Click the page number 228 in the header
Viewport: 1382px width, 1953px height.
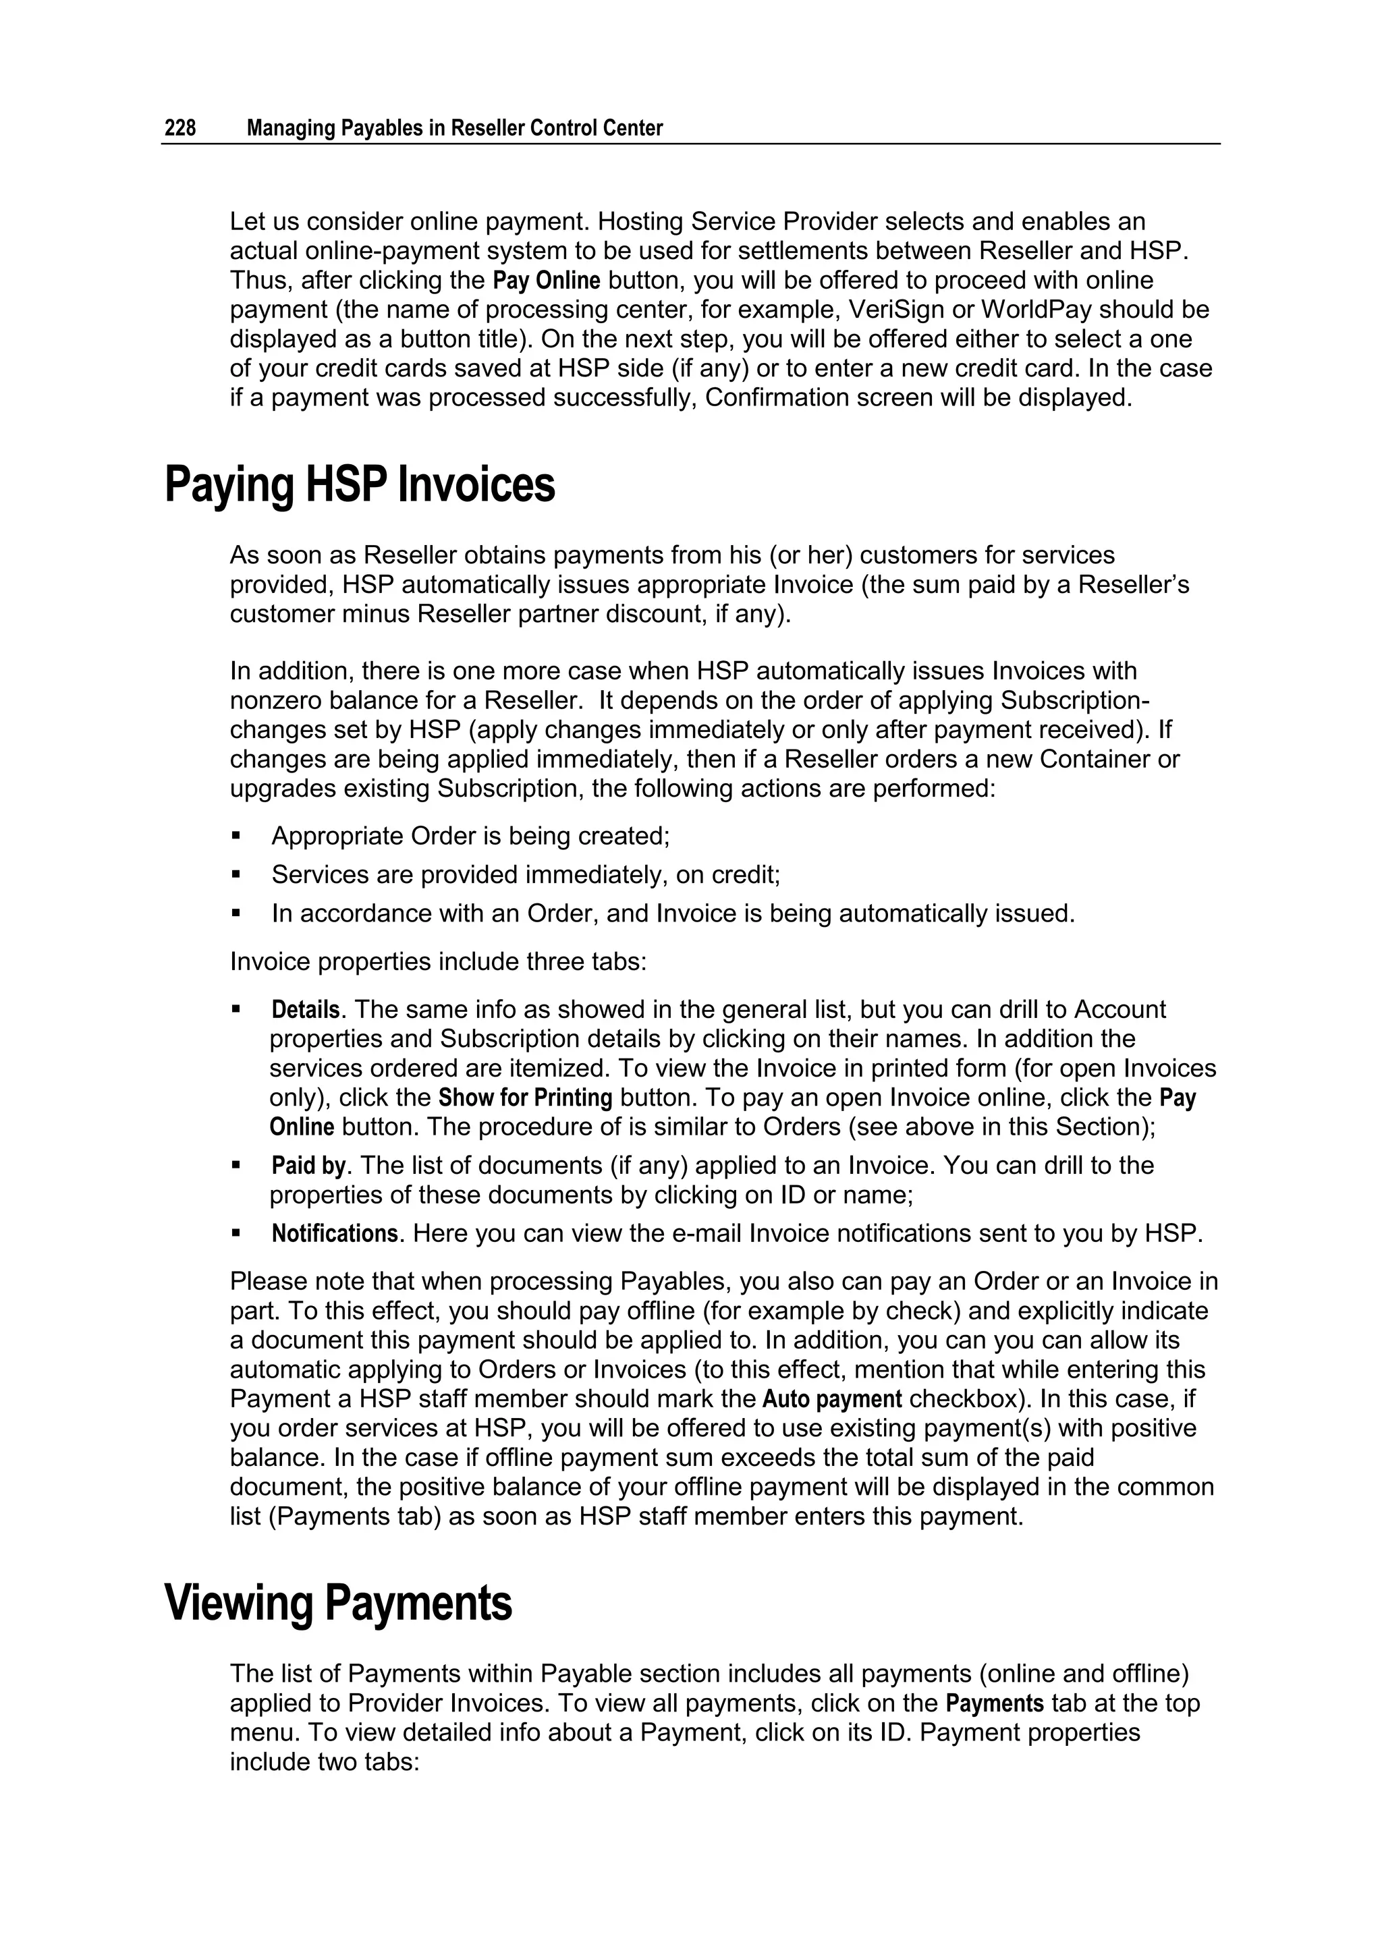179,128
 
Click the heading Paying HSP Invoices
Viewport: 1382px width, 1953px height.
359,485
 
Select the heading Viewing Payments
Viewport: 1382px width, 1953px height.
338,1603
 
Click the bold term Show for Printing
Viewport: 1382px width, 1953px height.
525,1098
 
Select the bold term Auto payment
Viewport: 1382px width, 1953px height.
831,1399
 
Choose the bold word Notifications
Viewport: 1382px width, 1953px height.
335,1233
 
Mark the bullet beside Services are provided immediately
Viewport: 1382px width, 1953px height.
237,875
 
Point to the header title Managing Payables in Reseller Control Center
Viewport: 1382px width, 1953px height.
454,128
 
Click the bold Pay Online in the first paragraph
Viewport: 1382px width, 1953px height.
547,281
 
